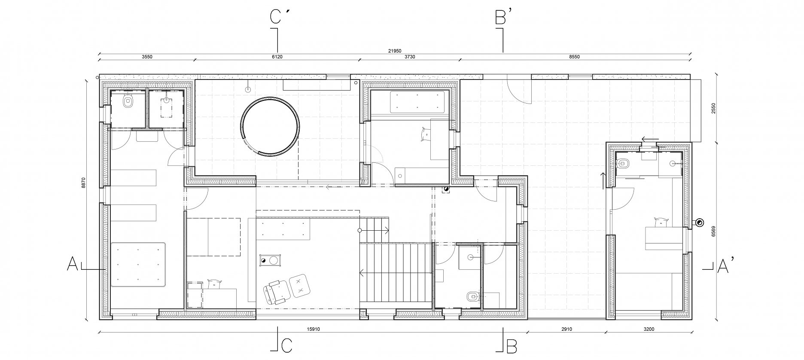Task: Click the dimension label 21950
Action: [x=395, y=51]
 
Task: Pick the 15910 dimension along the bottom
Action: [x=314, y=329]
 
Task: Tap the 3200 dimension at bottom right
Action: [x=649, y=329]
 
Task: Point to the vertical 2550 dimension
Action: [x=713, y=108]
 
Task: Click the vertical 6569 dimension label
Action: [x=713, y=232]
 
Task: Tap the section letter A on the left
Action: [x=72, y=264]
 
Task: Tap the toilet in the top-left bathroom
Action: [x=128, y=101]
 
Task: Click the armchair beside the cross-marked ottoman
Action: [x=275, y=292]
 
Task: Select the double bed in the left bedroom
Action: [x=138, y=264]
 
